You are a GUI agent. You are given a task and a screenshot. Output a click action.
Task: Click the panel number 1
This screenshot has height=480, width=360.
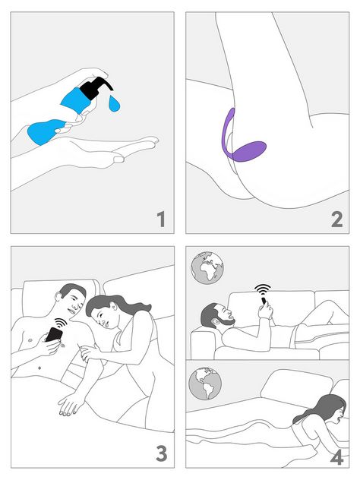click(160, 220)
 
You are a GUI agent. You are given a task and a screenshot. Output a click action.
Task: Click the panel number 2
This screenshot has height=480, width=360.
click(336, 220)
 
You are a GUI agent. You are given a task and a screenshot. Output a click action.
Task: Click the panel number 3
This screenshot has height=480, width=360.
click(160, 453)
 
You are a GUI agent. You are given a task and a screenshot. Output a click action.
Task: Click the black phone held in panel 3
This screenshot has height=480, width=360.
click(53, 334)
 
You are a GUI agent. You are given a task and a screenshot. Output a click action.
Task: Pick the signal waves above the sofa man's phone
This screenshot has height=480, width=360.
click(263, 290)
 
